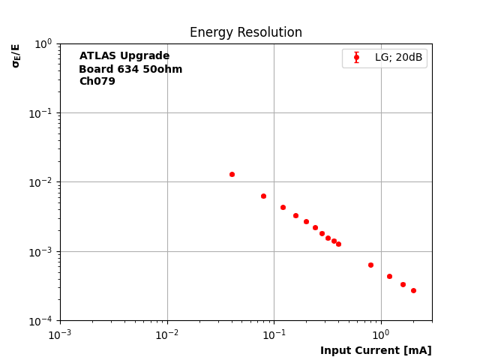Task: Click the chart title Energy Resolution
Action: pos(245,33)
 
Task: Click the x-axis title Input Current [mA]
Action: pos(376,350)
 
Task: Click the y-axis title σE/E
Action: pos(16,55)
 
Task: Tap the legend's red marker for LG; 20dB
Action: pos(356,58)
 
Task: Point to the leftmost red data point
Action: pos(232,174)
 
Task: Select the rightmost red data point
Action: pos(413,290)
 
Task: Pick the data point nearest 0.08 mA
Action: pos(263,196)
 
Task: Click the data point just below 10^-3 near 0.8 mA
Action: pos(370,265)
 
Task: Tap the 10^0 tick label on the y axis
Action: pos(43,43)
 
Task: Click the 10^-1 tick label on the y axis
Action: pos(42,113)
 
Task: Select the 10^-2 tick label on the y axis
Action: pos(42,182)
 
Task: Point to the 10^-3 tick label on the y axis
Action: pos(42,251)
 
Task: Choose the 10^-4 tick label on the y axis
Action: pos(42,321)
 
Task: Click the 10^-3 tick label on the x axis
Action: pos(60,334)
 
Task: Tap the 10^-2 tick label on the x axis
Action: pos(167,334)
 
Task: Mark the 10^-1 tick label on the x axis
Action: pos(274,334)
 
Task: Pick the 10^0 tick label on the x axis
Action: pos(381,334)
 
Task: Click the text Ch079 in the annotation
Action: pos(97,82)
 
